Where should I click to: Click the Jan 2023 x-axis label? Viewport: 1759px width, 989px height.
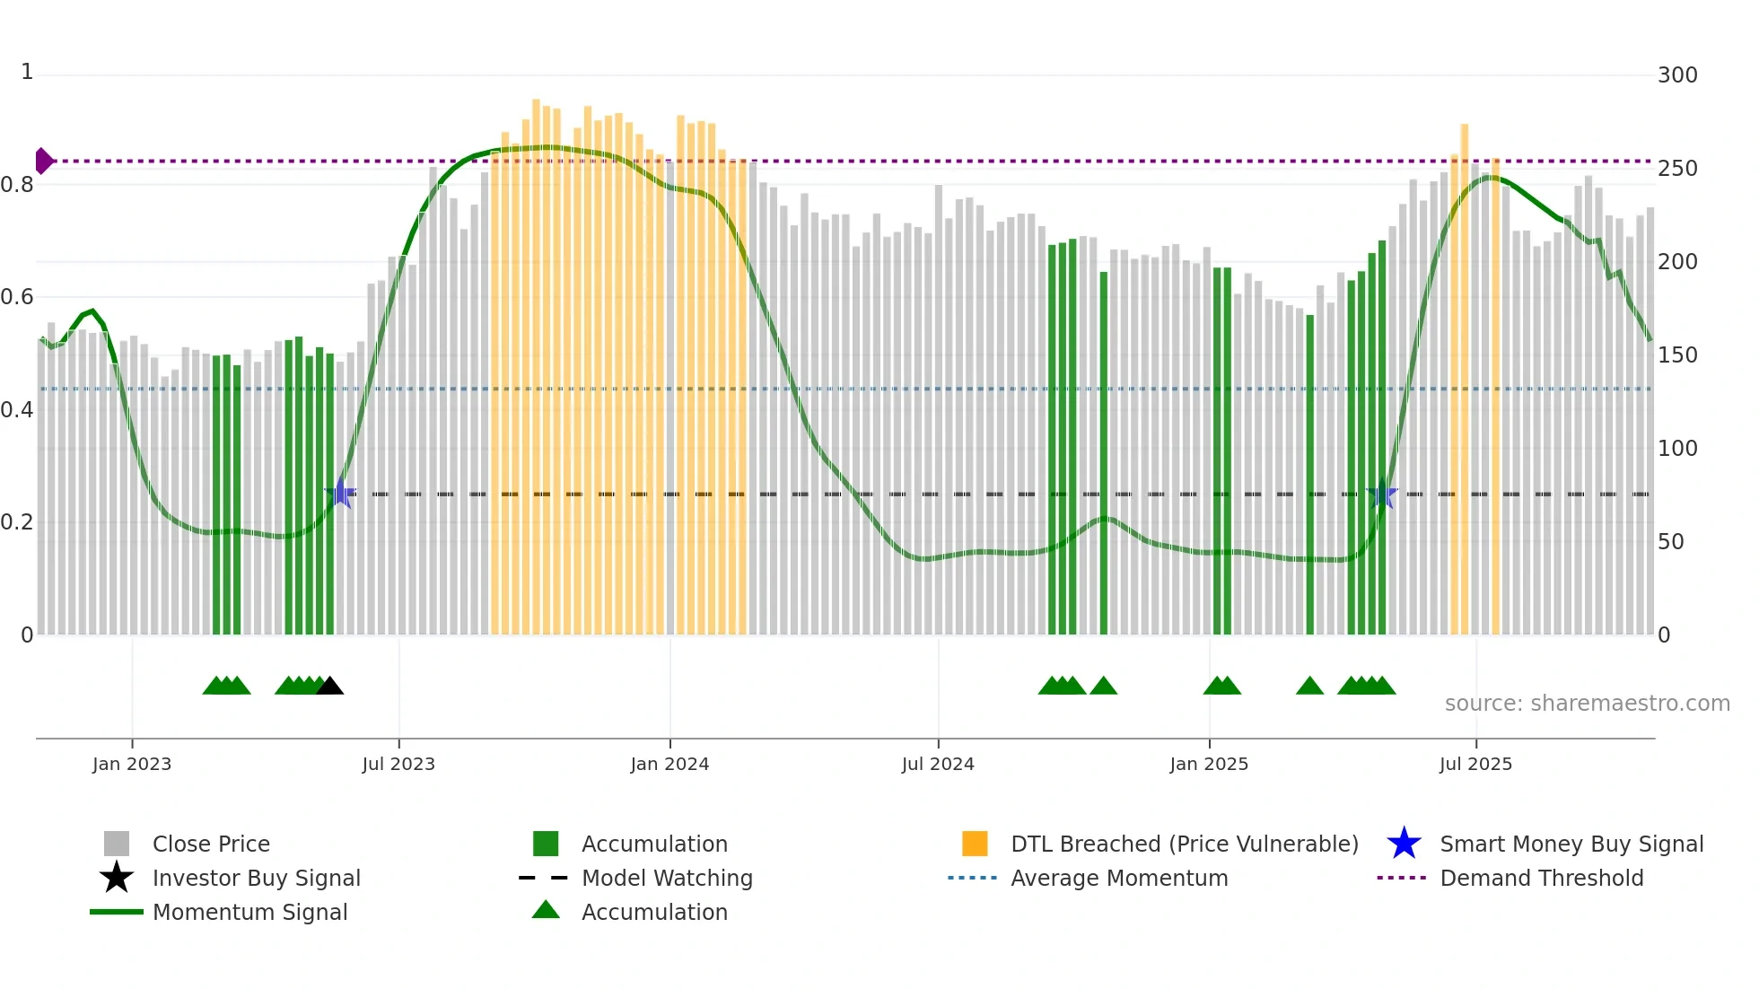click(132, 764)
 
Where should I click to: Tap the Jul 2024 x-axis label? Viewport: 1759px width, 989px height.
click(938, 764)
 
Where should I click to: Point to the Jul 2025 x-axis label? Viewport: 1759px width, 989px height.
click(1475, 764)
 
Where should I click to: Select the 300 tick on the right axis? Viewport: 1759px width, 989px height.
click(1677, 75)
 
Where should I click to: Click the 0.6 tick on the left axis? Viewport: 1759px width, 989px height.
click(18, 297)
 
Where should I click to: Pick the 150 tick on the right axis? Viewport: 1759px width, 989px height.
click(1677, 355)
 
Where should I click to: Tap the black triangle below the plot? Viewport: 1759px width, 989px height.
click(330, 686)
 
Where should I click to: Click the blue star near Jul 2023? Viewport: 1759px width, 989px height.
click(341, 494)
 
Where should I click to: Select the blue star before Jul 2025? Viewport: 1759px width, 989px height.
click(1381, 494)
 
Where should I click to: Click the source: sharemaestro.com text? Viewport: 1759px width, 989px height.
click(1587, 704)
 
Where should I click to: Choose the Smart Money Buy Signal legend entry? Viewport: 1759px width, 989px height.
click(1571, 844)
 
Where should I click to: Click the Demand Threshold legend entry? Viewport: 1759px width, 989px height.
click(1541, 878)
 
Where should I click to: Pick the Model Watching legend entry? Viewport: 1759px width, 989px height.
click(666, 878)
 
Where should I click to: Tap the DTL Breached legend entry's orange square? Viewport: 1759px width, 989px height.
click(975, 844)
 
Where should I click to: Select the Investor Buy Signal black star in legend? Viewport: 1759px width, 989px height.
click(117, 878)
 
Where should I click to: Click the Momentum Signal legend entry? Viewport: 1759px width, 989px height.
click(249, 912)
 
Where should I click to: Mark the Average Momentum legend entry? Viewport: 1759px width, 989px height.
click(1118, 878)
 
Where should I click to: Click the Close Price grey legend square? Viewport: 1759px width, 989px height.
click(117, 844)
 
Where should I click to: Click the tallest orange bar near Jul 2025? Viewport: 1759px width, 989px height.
click(1465, 377)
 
